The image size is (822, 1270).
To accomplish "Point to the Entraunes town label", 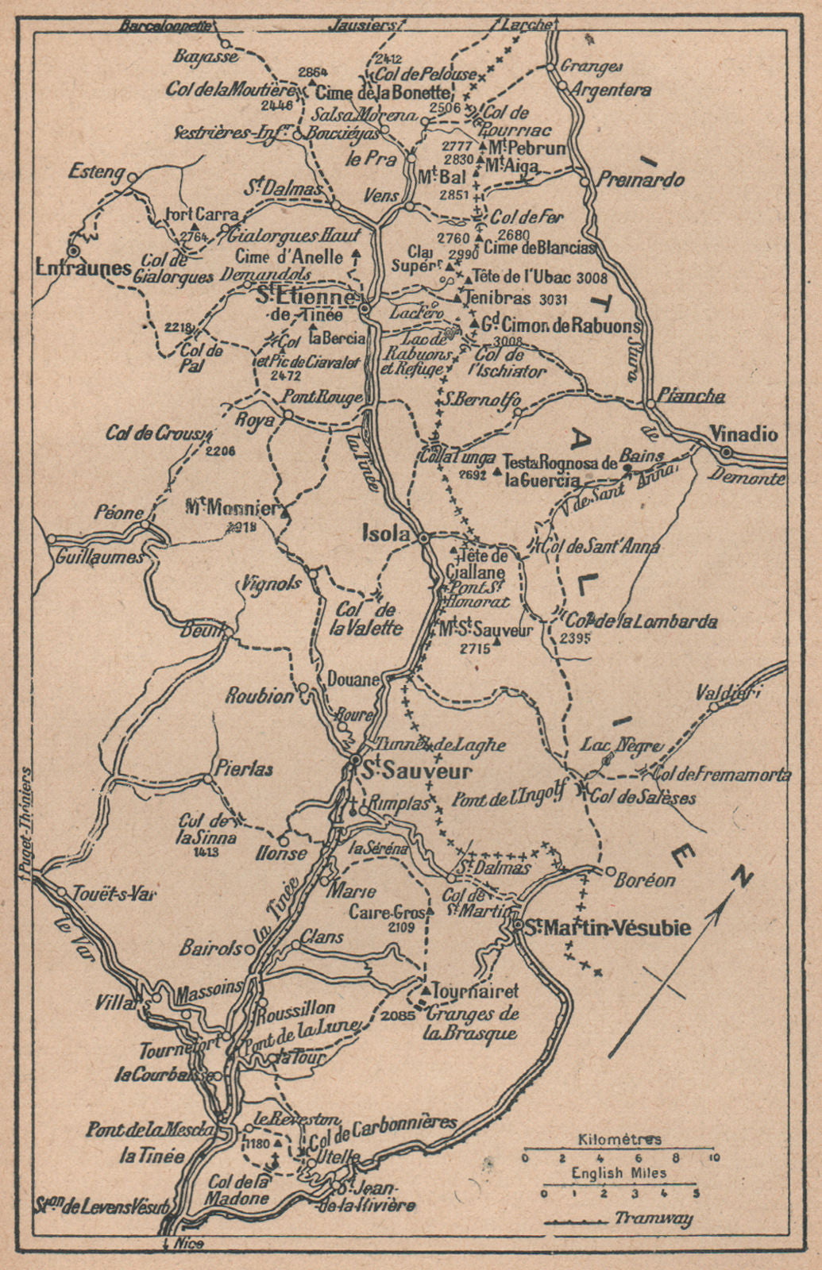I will [x=83, y=267].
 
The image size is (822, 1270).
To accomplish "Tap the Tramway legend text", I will [x=653, y=1218].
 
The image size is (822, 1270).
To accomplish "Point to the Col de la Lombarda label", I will [x=642, y=622].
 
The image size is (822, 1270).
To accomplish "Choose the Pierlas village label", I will [x=243, y=768].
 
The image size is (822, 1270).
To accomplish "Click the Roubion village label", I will [x=259, y=696].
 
